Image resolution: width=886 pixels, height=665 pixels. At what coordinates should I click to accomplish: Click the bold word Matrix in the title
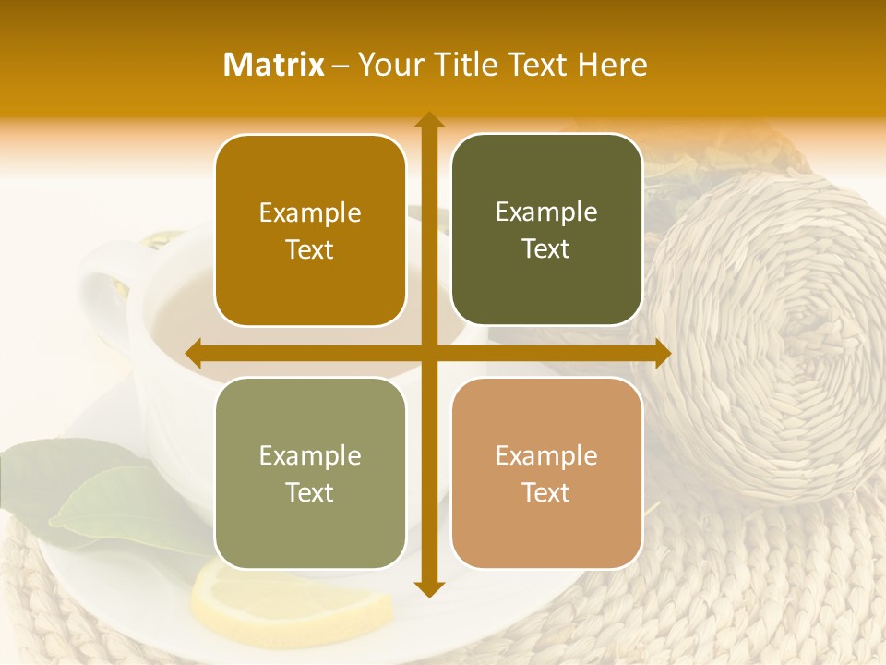coord(274,65)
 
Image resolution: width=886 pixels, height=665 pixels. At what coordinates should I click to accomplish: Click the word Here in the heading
coord(613,65)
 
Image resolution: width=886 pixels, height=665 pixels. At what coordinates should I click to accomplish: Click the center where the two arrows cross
coord(428,353)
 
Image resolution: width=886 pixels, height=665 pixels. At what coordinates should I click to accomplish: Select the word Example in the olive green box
coord(546,212)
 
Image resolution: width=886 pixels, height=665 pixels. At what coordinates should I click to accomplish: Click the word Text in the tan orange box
coord(546,492)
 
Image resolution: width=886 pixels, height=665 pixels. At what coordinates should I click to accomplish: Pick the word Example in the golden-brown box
coord(310,213)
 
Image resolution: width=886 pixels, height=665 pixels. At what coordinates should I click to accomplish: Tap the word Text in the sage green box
coord(310,492)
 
